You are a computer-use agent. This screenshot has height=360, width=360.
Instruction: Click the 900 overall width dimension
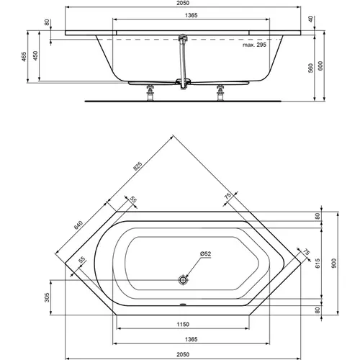pos(333,264)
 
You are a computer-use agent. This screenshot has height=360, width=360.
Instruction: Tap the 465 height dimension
pos(24,58)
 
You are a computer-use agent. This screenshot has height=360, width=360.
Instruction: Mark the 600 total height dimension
pos(321,66)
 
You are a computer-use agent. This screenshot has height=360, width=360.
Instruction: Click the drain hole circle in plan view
pos(183,279)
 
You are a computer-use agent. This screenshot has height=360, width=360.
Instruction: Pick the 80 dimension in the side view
pos(48,22)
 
